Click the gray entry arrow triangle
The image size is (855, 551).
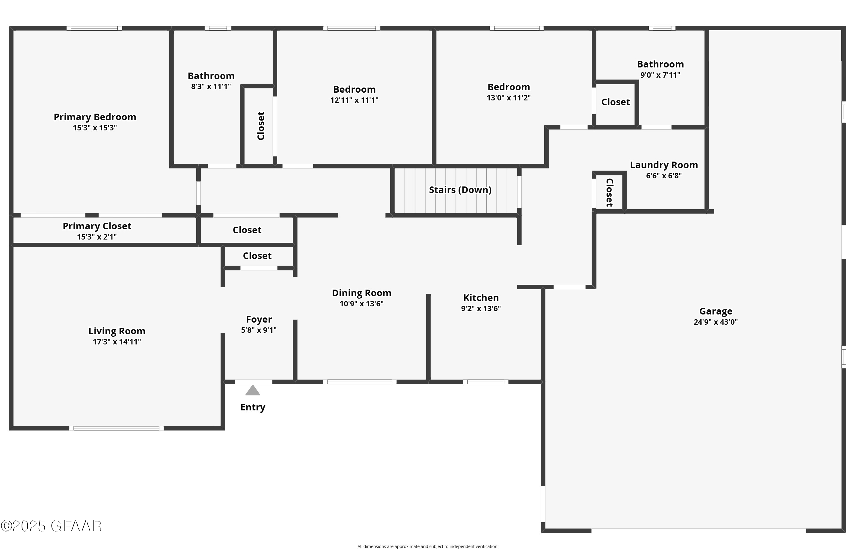pos(252,391)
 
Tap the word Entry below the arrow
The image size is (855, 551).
pos(252,407)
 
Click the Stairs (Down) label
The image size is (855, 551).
pos(460,190)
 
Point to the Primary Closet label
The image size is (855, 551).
pos(97,226)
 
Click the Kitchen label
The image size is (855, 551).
pos(481,298)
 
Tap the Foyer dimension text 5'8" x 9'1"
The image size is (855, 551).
pos(259,330)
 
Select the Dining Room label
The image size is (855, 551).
pos(361,293)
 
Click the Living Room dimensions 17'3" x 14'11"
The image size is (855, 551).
pos(117,342)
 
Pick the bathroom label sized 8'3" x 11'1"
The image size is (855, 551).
pos(211,76)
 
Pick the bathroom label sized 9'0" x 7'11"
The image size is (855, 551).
pos(660,64)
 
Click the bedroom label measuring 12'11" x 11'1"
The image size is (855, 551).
pos(354,89)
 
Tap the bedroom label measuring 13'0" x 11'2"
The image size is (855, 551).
pos(509,87)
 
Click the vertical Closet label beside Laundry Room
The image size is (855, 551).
pos(609,192)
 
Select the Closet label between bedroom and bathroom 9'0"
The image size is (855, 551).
pos(616,102)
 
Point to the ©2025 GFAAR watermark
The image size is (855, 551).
pos(51,526)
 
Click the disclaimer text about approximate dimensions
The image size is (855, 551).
pos(427,546)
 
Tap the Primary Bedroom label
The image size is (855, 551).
pos(95,117)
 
